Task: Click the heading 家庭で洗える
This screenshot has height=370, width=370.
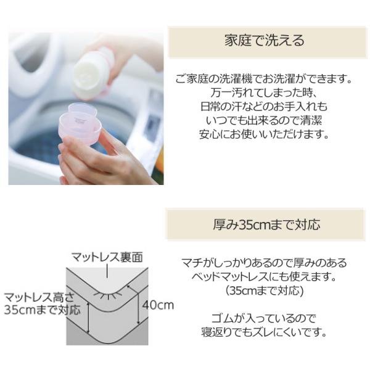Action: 265,41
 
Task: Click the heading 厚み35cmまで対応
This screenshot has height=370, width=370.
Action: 266,224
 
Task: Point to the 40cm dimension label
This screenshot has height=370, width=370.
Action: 158,305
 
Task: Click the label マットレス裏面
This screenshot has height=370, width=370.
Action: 107,257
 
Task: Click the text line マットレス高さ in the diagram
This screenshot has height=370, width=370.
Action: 39,297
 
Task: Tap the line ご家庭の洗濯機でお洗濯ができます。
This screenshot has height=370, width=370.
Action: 264,79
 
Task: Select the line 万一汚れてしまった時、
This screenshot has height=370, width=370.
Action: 264,92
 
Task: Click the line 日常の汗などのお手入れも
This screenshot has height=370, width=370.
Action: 264,107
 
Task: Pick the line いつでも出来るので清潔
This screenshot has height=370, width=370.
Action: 264,121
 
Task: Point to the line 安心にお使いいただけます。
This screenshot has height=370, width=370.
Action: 264,134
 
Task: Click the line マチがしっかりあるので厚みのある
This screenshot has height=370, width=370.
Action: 264,263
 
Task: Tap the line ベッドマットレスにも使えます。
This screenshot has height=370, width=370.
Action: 264,276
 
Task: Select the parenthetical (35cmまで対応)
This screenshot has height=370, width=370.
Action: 264,290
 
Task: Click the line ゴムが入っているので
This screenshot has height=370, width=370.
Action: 264,318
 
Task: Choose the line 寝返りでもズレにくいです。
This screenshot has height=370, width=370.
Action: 264,332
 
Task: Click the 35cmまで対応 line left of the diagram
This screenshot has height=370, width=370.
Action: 43,310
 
